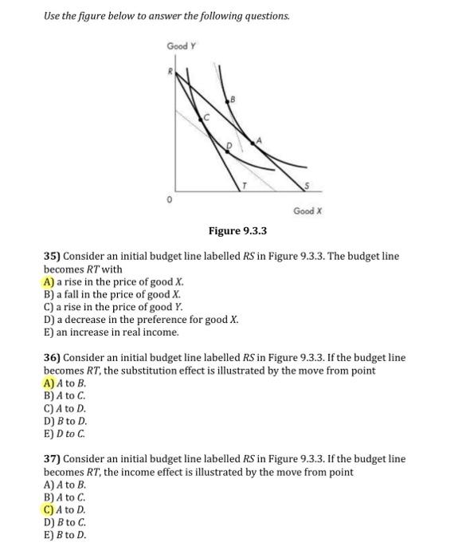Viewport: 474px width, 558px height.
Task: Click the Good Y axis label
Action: (x=179, y=46)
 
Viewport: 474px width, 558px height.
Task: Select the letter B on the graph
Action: (x=233, y=100)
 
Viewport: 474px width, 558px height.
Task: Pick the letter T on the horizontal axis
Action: (x=245, y=183)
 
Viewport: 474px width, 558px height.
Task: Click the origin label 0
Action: (x=169, y=199)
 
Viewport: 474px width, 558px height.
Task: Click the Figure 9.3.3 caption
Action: (x=237, y=231)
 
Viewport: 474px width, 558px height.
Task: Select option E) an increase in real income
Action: (x=111, y=332)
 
